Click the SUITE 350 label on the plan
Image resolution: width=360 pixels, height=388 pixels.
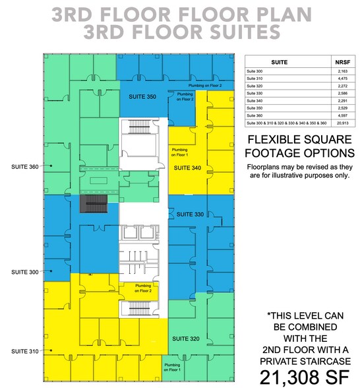tap(142, 97)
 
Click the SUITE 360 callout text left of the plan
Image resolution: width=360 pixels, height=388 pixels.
tap(24, 166)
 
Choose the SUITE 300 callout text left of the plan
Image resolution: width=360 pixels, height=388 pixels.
tap(24, 271)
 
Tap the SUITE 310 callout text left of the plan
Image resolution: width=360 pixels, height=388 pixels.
tap(24, 350)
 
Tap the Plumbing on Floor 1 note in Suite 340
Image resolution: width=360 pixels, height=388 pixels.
tap(179, 154)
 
